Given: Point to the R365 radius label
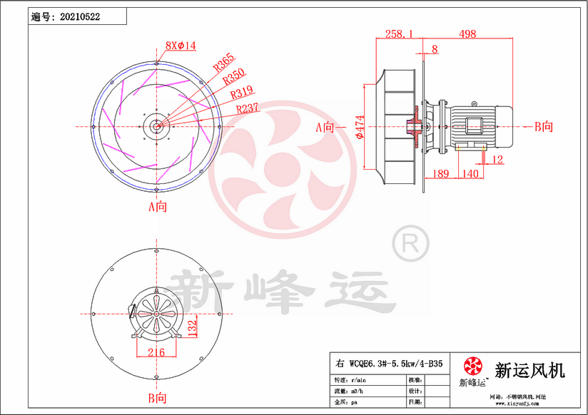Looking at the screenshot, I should (223, 63).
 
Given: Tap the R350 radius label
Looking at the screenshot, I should (233, 78).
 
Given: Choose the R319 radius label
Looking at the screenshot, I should (241, 93).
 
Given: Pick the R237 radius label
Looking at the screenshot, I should (247, 108).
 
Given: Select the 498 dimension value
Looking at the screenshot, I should (467, 34).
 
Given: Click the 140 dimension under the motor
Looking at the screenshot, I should (470, 174).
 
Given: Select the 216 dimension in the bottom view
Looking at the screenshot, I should (156, 352).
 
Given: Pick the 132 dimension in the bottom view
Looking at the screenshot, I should (191, 327).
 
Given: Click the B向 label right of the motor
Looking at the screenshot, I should (544, 127).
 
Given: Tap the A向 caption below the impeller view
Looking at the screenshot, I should (157, 207).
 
